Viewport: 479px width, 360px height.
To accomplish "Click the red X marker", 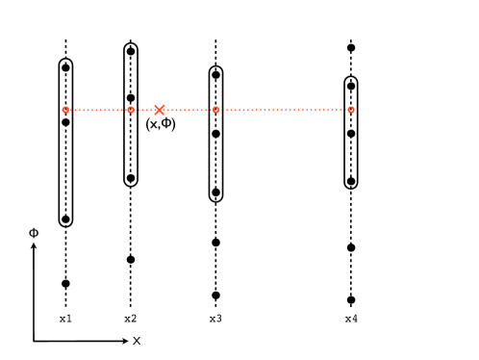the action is point(160,110).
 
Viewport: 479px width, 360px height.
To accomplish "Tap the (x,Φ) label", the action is point(161,124).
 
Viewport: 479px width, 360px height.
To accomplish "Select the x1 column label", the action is point(65,319).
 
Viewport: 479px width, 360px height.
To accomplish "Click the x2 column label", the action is point(131,319).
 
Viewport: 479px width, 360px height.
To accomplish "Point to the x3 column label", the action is point(215,319).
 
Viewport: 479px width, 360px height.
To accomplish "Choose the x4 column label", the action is point(351,319).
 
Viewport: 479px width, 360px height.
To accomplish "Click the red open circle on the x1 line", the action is point(65,110).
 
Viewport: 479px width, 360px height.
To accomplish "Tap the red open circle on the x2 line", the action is point(131,110).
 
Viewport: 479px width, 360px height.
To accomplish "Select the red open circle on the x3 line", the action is point(215,110).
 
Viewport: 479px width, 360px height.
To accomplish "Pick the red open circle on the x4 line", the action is point(351,110).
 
